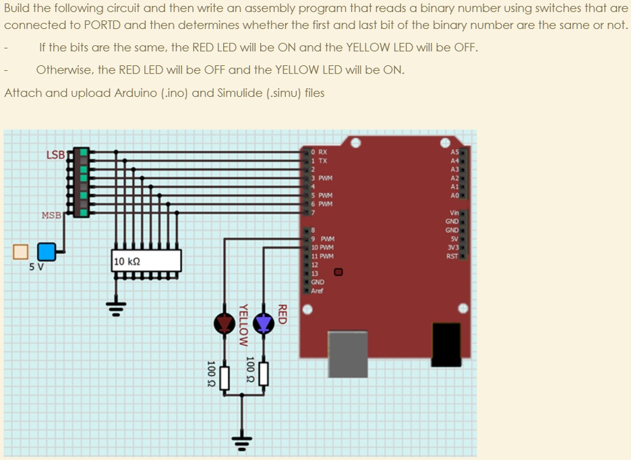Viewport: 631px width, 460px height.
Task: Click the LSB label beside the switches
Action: coord(55,155)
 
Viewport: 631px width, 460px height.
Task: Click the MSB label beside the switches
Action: coord(51,216)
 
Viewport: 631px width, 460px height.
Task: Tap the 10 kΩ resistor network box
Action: coord(147,261)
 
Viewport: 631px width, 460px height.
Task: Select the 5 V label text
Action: coord(36,266)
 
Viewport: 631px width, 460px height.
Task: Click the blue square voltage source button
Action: coord(47,252)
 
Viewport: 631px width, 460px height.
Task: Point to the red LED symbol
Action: coord(224,324)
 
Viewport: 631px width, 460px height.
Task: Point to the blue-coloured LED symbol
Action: coord(264,324)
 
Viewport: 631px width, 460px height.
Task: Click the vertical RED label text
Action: coord(283,315)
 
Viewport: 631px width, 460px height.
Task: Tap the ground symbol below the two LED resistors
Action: coord(243,441)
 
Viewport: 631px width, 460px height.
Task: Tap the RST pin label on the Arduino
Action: coord(452,256)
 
